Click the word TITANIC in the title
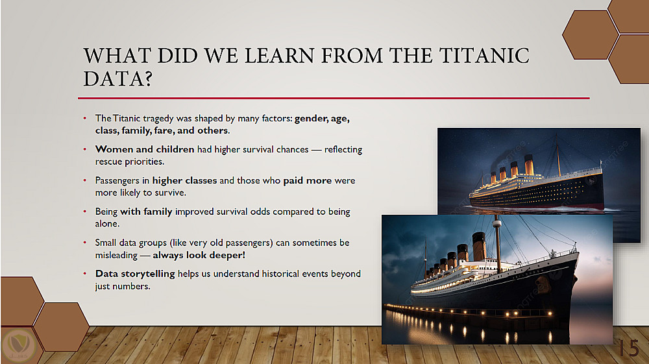coord(484,55)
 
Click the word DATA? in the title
coord(118,79)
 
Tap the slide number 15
coord(629,348)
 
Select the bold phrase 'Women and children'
coord(145,149)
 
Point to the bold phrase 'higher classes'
coord(184,180)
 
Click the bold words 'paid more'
coord(308,181)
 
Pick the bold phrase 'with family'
coord(146,212)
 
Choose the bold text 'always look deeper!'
coord(199,255)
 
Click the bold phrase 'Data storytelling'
coord(135,274)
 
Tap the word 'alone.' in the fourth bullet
coord(107,224)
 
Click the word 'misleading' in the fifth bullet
coord(116,255)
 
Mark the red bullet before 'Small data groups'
coord(85,243)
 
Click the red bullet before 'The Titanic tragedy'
coord(85,118)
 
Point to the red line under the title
coord(334,99)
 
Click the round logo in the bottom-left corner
coord(19,344)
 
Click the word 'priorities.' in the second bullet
coord(145,162)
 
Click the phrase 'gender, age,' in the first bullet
coord(322,119)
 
